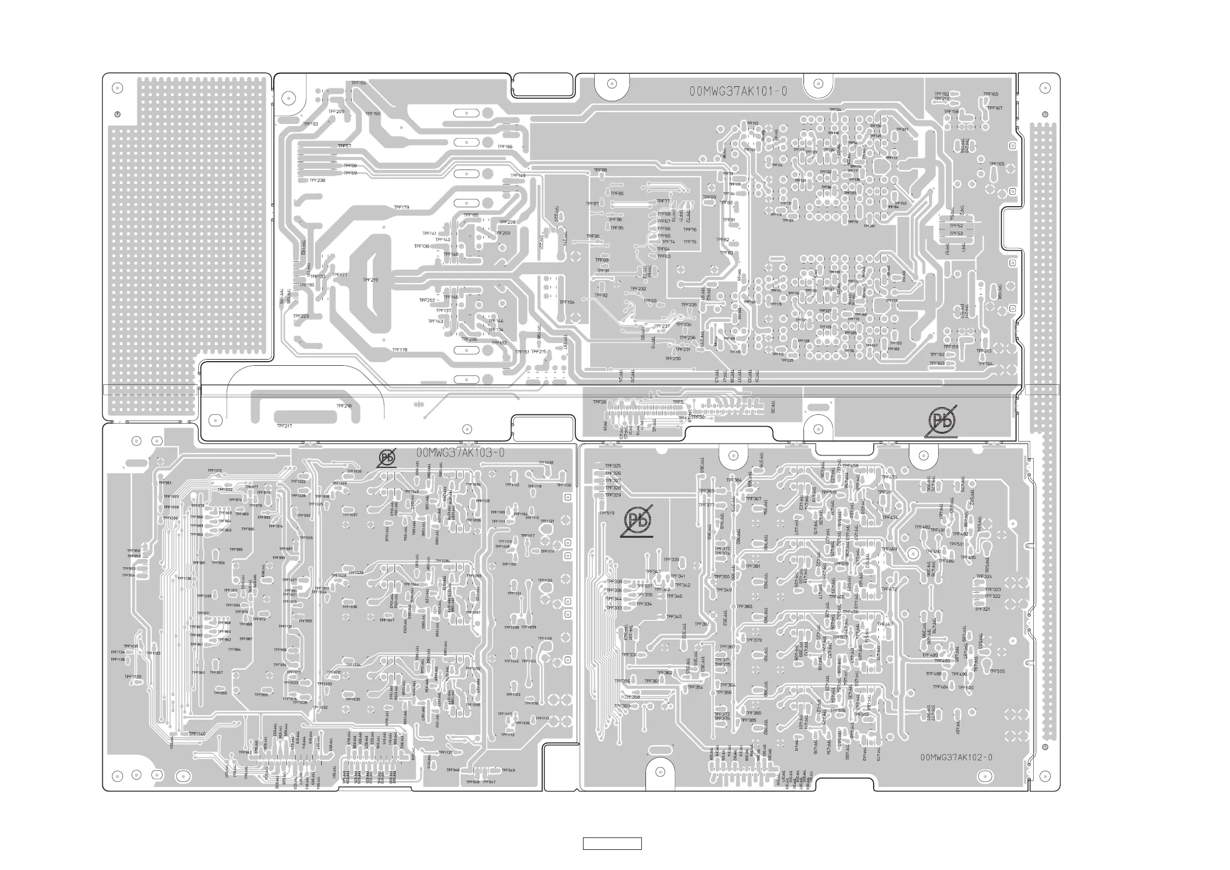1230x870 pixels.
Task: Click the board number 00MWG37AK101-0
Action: [x=738, y=91]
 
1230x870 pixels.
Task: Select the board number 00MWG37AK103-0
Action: [x=460, y=453]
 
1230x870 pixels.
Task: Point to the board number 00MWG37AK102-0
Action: [x=956, y=757]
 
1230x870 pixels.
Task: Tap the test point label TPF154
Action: [x=358, y=83]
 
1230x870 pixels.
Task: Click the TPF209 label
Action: [x=337, y=112]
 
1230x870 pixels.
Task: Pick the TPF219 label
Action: [x=370, y=280]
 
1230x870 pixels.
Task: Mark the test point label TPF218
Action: [x=344, y=406]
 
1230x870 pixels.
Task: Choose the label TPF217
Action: [x=285, y=426]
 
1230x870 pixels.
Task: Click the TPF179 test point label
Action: [x=401, y=208]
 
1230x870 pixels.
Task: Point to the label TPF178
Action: [x=400, y=350]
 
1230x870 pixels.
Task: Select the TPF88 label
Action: [x=600, y=170]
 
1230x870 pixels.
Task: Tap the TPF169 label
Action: [x=997, y=164]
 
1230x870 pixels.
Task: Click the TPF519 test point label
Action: [x=606, y=513]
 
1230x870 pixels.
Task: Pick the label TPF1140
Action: [x=197, y=734]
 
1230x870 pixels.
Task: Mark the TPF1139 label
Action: [x=133, y=677]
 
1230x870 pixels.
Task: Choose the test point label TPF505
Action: [x=997, y=671]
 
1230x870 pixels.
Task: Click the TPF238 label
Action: [x=317, y=181]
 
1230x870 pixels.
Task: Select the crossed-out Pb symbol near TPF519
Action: [x=638, y=520]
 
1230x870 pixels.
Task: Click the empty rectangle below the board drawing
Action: [x=612, y=843]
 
